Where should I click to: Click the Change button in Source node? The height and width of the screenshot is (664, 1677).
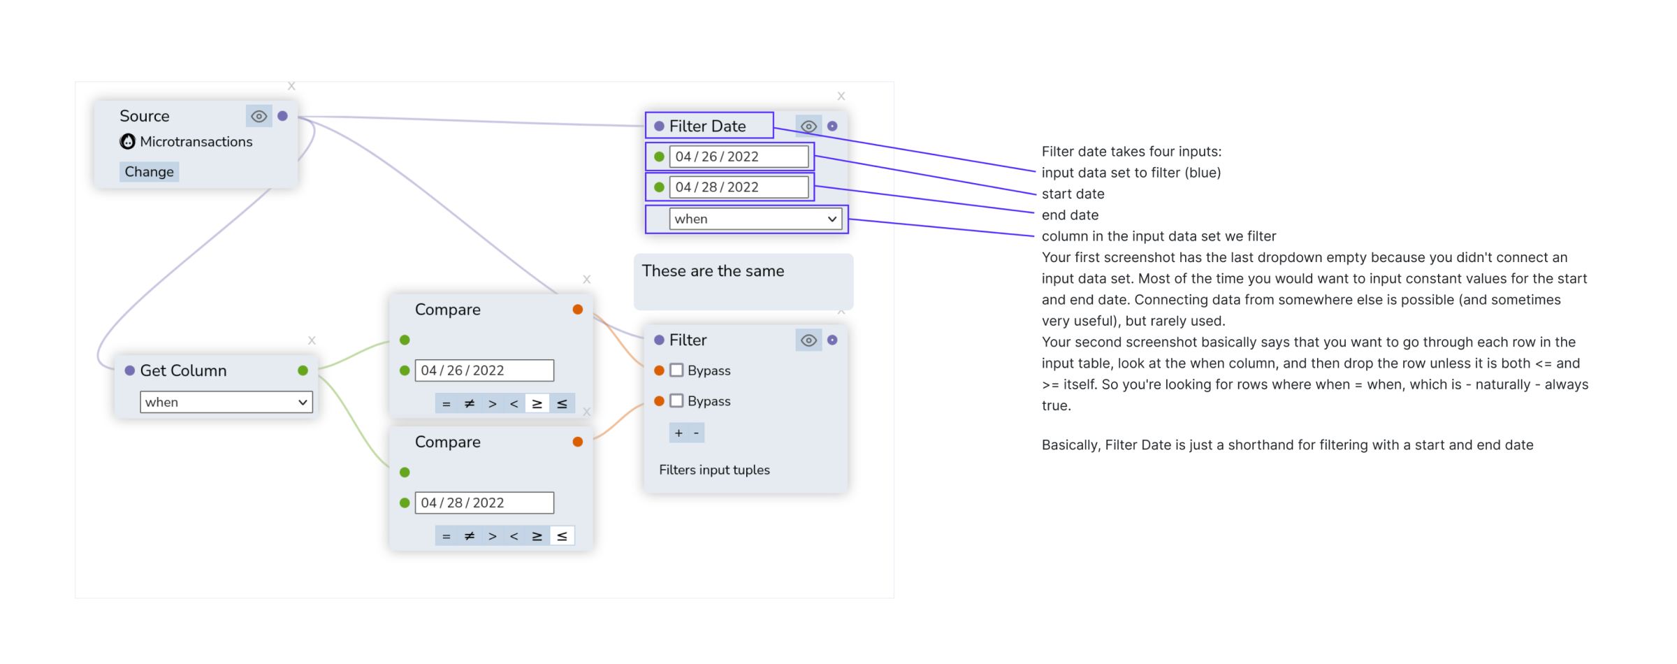click(x=149, y=172)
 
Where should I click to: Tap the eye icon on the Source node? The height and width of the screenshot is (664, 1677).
click(x=259, y=116)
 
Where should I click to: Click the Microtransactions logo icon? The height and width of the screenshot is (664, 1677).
click(x=127, y=142)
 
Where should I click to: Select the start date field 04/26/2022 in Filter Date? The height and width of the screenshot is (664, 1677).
click(x=738, y=157)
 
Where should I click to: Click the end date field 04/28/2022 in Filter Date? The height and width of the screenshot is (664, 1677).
click(x=738, y=187)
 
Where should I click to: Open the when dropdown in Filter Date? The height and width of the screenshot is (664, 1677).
click(x=755, y=219)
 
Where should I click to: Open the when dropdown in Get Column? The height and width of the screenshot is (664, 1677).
click(x=226, y=402)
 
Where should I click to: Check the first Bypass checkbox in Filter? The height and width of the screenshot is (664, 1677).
click(x=676, y=370)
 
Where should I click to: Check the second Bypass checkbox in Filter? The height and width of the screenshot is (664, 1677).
click(x=676, y=401)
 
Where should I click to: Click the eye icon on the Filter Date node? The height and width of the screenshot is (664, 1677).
click(x=808, y=127)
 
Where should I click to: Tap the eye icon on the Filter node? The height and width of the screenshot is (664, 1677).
click(x=808, y=340)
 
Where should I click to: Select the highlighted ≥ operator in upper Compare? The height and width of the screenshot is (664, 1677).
click(x=537, y=403)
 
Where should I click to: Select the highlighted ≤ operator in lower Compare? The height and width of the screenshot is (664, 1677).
click(x=562, y=536)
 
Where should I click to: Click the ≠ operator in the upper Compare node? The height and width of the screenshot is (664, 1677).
click(x=470, y=403)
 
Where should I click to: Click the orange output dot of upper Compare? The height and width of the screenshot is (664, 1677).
click(x=577, y=310)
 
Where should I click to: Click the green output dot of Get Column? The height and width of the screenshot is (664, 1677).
click(x=303, y=370)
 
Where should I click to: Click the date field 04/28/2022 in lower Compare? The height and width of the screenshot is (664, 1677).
click(x=484, y=503)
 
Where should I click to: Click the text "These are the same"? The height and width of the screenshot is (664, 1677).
click(x=713, y=271)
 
